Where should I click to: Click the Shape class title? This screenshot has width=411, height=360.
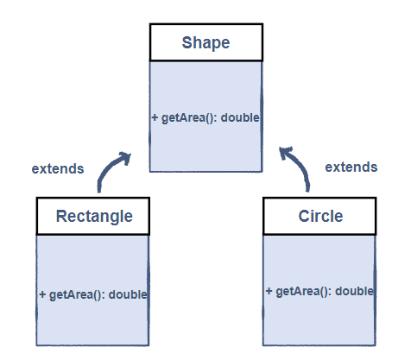(205, 42)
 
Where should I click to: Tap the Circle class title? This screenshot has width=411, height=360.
(319, 216)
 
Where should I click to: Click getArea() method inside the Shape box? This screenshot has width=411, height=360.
(190, 117)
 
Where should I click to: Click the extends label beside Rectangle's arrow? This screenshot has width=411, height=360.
(58, 168)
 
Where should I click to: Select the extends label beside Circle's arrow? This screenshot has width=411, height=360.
(351, 167)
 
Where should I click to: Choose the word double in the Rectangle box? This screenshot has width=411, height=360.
(128, 294)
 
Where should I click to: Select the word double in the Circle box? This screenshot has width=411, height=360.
(355, 292)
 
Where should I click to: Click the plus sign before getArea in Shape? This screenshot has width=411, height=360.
(155, 117)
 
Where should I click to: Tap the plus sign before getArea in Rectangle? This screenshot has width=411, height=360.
(42, 294)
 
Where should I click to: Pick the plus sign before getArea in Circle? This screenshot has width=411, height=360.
(269, 292)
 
